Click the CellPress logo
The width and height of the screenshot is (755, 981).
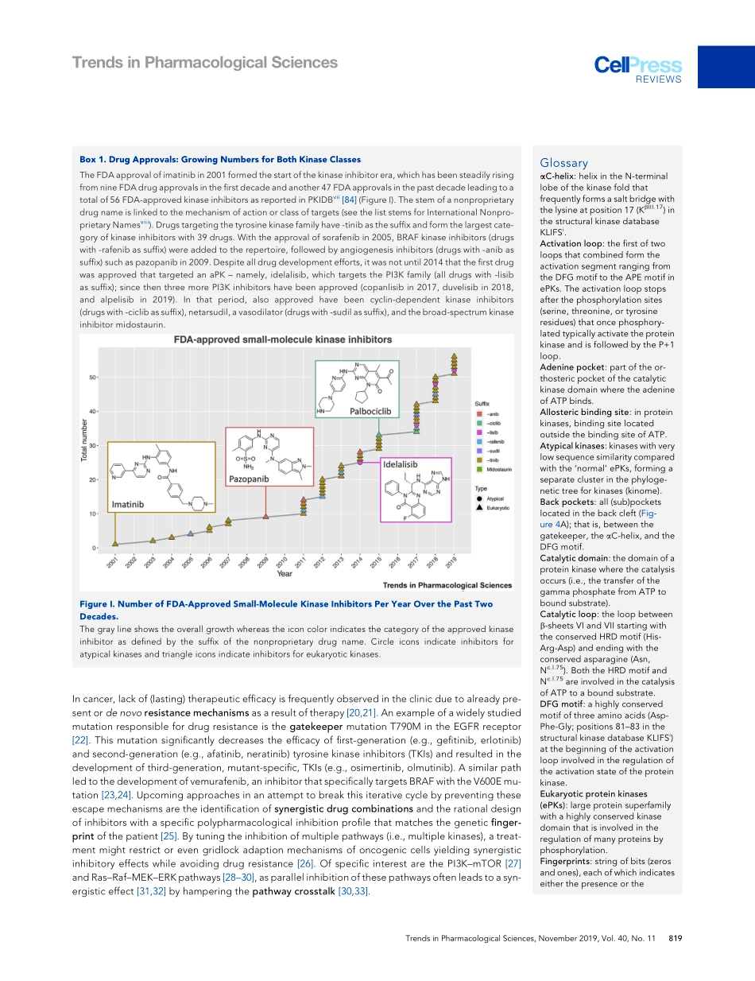638,68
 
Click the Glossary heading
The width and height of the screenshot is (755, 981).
563,163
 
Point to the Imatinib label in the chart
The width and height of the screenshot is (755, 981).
127,505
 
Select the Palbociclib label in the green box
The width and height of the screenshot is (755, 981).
371,411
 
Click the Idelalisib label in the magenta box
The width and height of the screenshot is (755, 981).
401,463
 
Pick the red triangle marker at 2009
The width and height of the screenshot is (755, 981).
265,516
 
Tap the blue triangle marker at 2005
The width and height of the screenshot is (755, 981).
191,533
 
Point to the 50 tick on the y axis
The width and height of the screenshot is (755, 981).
92,377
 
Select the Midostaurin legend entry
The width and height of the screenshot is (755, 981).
497,470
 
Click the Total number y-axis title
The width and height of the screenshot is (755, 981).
83,440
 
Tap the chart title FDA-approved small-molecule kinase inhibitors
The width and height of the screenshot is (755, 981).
283,339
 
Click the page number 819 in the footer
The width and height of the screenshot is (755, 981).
676,938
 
